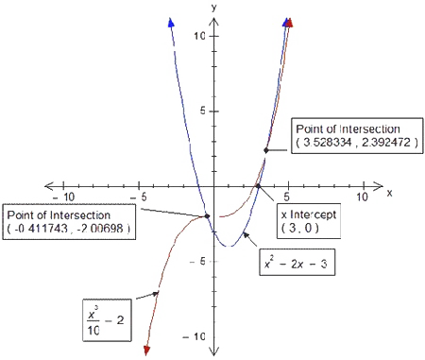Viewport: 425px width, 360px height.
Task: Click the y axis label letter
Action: tap(214, 7)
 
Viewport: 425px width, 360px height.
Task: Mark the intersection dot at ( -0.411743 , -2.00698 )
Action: tap(208, 216)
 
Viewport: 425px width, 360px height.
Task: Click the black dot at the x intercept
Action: tap(259, 186)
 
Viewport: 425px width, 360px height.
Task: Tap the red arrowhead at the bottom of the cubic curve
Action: tap(147, 351)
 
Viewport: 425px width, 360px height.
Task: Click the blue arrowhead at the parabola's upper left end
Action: tap(170, 23)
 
